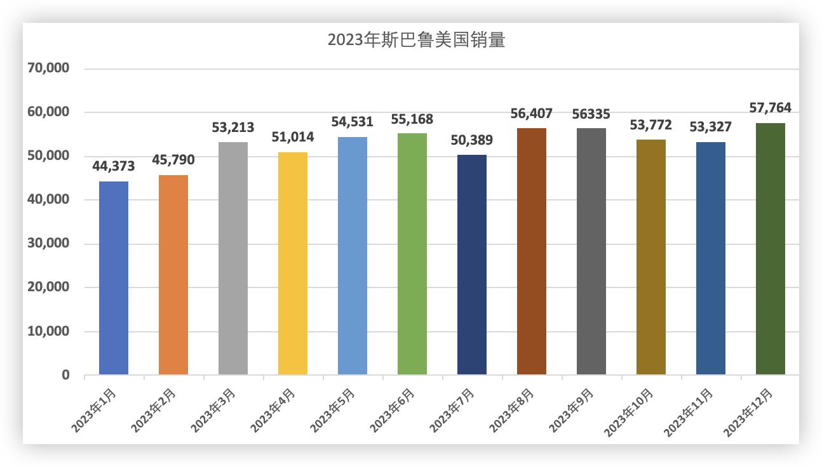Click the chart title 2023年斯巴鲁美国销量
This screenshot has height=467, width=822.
[x=416, y=40]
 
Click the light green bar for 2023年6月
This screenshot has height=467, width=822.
[x=412, y=254]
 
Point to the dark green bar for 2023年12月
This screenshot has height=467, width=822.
[x=771, y=249]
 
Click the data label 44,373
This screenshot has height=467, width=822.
[x=114, y=166]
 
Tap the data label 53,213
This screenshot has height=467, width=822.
[x=233, y=128]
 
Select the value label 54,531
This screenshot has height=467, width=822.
[x=353, y=122]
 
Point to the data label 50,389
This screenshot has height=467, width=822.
[x=472, y=140]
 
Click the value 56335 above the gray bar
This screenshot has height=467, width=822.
[x=591, y=114]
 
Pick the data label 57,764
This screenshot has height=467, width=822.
[x=771, y=108]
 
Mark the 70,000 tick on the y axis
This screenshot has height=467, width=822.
[x=49, y=69]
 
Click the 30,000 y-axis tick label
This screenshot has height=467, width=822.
[x=49, y=244]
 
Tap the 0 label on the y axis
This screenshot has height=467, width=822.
[x=65, y=375]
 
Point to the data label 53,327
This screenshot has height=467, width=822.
[x=711, y=127]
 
